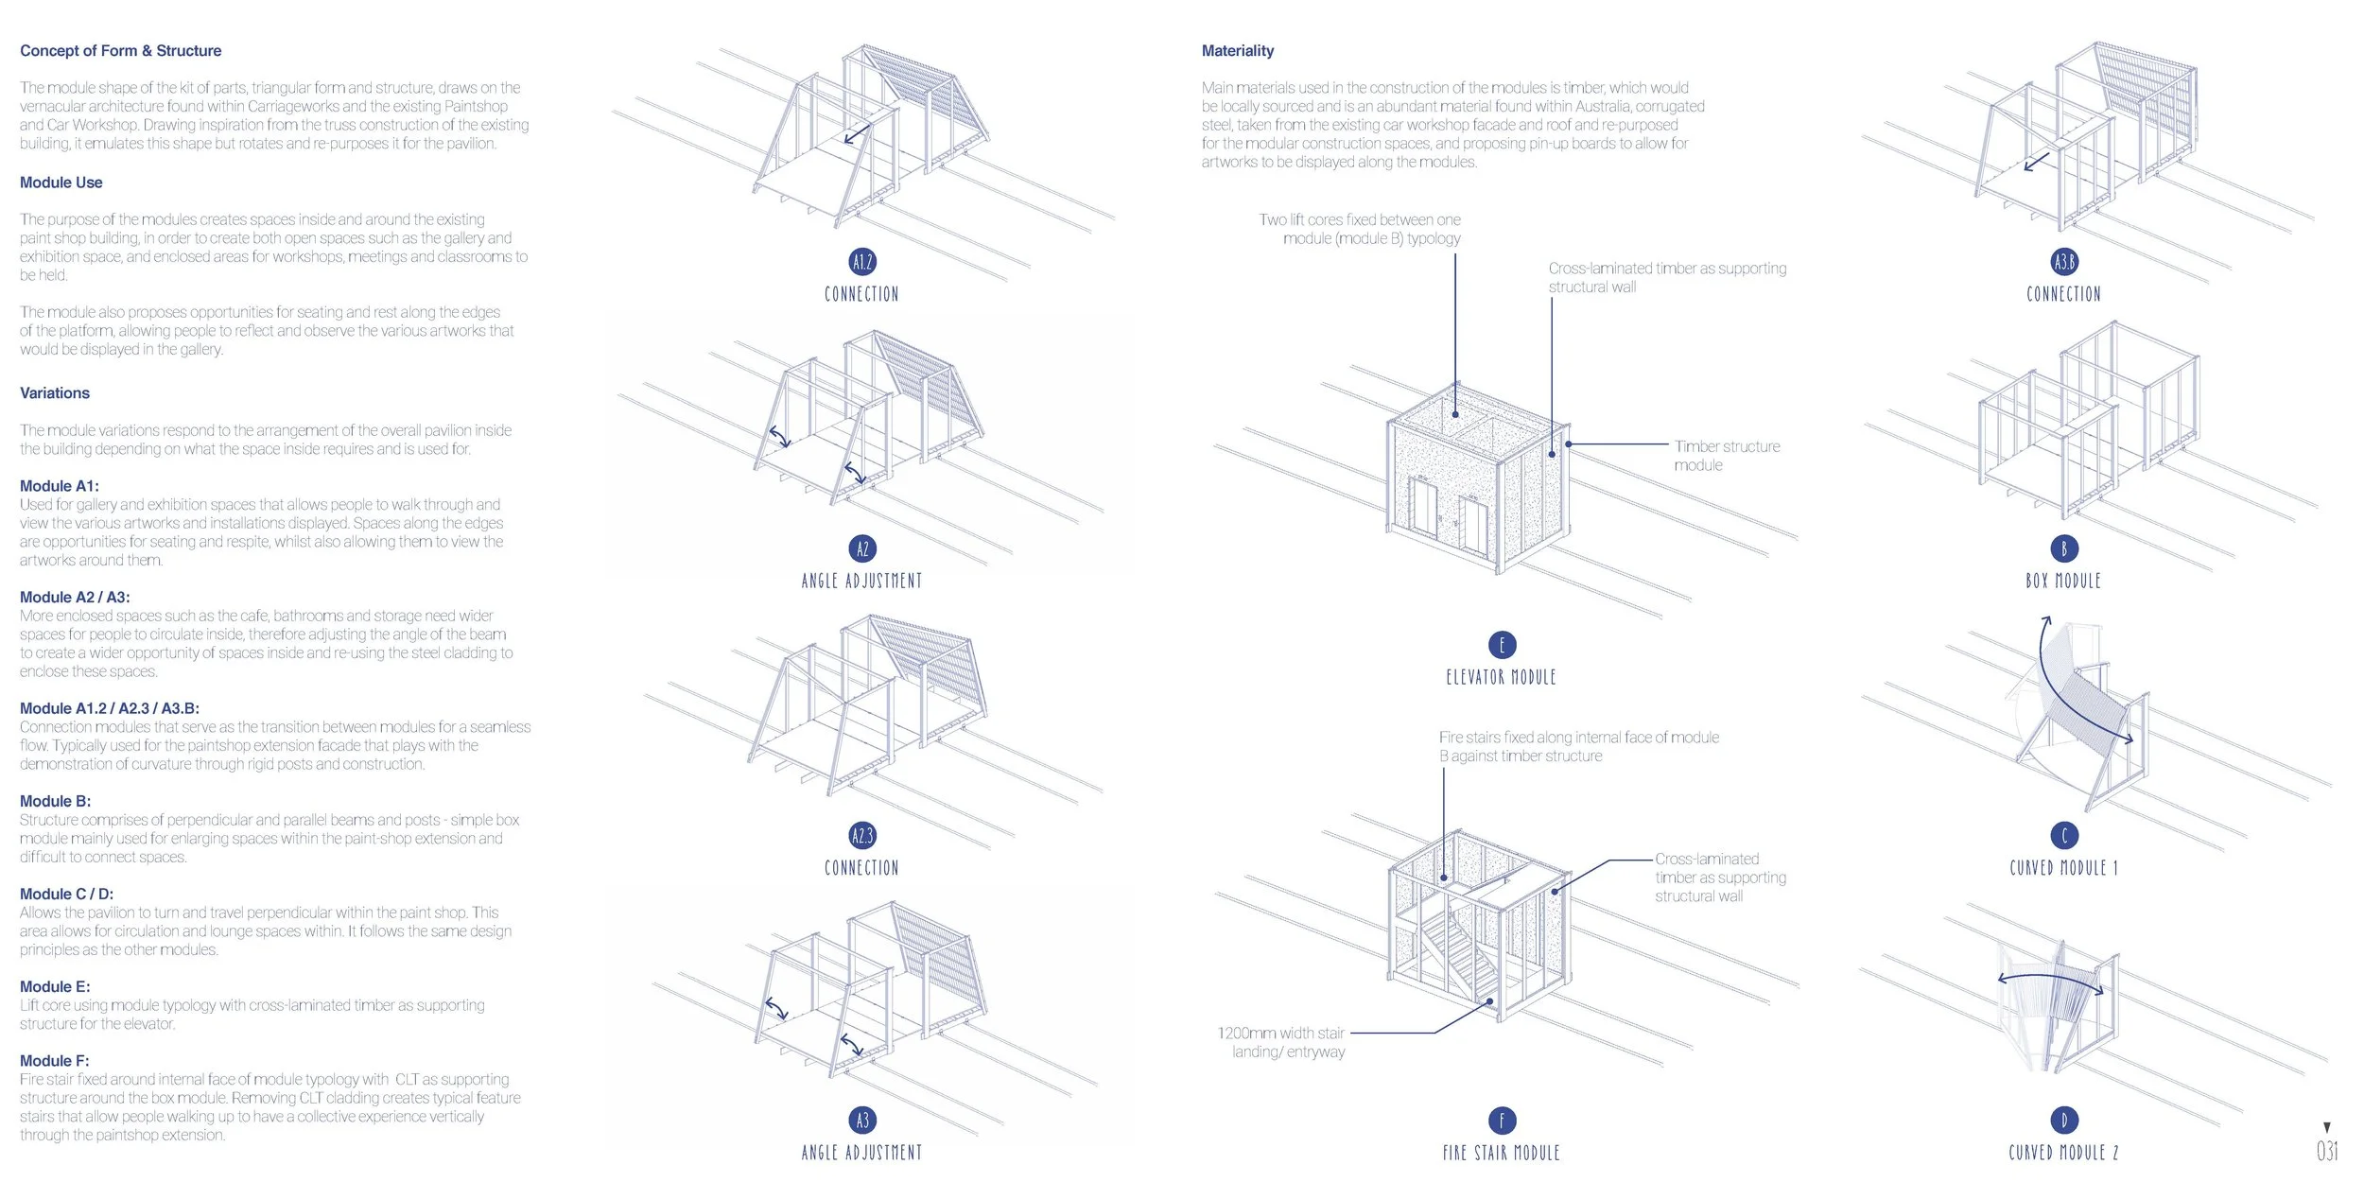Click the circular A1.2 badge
862,262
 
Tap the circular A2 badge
862,548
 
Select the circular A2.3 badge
862,835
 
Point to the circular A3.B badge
2064,262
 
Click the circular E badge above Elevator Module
1502,645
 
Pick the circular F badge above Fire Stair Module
1502,1121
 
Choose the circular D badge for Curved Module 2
2064,1121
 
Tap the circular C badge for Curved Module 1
2064,835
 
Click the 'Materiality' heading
1237,51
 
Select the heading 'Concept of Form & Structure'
120,51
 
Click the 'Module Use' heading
61,183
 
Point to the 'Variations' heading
55,393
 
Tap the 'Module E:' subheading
55,986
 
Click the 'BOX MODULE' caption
2063,581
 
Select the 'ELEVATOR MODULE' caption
1501,677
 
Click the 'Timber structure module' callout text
1727,456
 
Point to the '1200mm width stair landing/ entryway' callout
1281,1042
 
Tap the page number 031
2327,1151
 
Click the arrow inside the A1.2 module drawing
857,133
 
